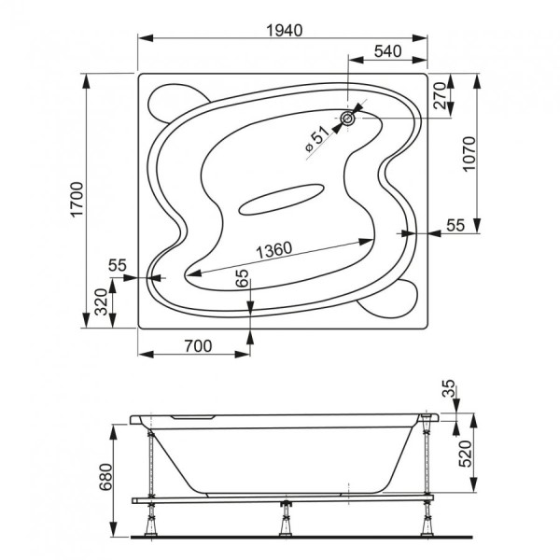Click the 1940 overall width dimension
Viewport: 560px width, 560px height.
coord(285,31)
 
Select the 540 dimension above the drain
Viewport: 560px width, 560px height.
coord(388,51)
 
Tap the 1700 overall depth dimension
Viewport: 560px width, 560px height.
coord(77,200)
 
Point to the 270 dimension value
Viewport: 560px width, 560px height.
coord(440,95)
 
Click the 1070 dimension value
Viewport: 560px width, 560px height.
coord(469,154)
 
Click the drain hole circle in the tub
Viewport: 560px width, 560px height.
coord(347,119)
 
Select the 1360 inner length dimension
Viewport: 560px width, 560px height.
coord(274,250)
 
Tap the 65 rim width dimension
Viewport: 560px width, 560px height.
coord(243,278)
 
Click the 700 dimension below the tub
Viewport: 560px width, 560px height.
coord(198,345)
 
